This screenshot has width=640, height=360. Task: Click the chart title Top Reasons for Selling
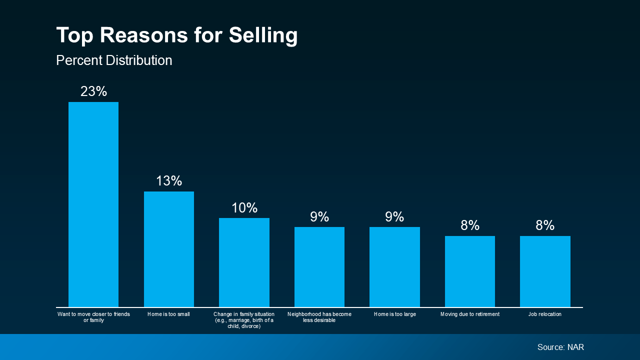pos(177,35)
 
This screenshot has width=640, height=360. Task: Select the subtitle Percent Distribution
pos(114,60)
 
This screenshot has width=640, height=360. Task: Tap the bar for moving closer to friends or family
pos(93,204)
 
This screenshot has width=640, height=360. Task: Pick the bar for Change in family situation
pos(244,262)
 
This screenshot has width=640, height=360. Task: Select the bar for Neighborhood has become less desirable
pos(319,267)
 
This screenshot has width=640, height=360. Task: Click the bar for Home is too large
pos(394,267)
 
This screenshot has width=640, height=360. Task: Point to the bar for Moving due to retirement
pos(470,271)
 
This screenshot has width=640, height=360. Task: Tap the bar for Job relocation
pos(545,271)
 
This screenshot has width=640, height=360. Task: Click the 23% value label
pos(94,91)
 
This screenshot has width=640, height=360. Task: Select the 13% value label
pos(169,181)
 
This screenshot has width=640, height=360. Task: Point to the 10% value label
pos(244,208)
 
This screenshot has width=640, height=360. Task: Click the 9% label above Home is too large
pos(394,217)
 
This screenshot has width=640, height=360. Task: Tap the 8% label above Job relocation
pos(545,225)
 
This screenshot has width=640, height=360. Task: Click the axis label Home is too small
pos(169,314)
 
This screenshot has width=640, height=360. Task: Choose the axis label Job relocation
pos(545,314)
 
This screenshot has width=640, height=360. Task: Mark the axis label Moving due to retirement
pos(470,314)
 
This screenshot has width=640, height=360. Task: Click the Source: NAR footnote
pos(560,347)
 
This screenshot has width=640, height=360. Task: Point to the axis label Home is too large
pos(394,314)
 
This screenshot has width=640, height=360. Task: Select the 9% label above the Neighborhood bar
pos(319,217)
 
